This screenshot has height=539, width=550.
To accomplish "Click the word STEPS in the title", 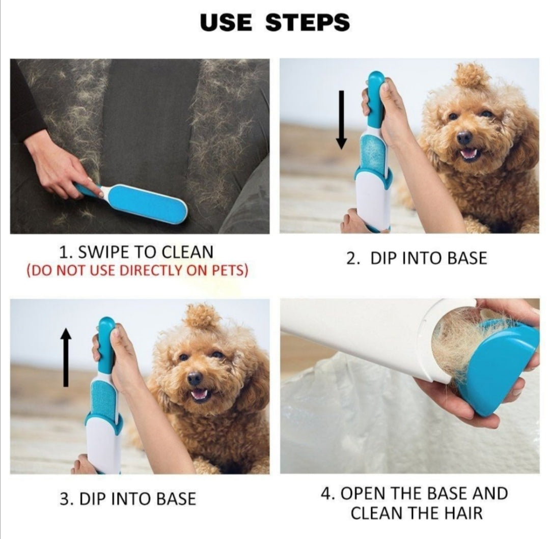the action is click(x=308, y=23).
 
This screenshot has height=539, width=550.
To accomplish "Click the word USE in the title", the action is click(x=226, y=23).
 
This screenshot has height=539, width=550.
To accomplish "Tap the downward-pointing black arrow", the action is click(x=341, y=120).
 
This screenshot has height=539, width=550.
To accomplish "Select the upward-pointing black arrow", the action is click(x=66, y=357).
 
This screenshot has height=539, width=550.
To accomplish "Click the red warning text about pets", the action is click(x=137, y=271).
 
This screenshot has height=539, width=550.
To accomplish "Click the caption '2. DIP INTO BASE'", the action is click(x=417, y=258).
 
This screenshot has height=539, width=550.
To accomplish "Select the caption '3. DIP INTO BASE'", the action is click(x=128, y=499).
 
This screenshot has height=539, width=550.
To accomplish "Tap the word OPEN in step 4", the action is click(x=363, y=493).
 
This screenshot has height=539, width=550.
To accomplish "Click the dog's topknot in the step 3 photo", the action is click(x=202, y=317).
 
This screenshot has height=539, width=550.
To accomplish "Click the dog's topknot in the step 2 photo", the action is click(x=472, y=75).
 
